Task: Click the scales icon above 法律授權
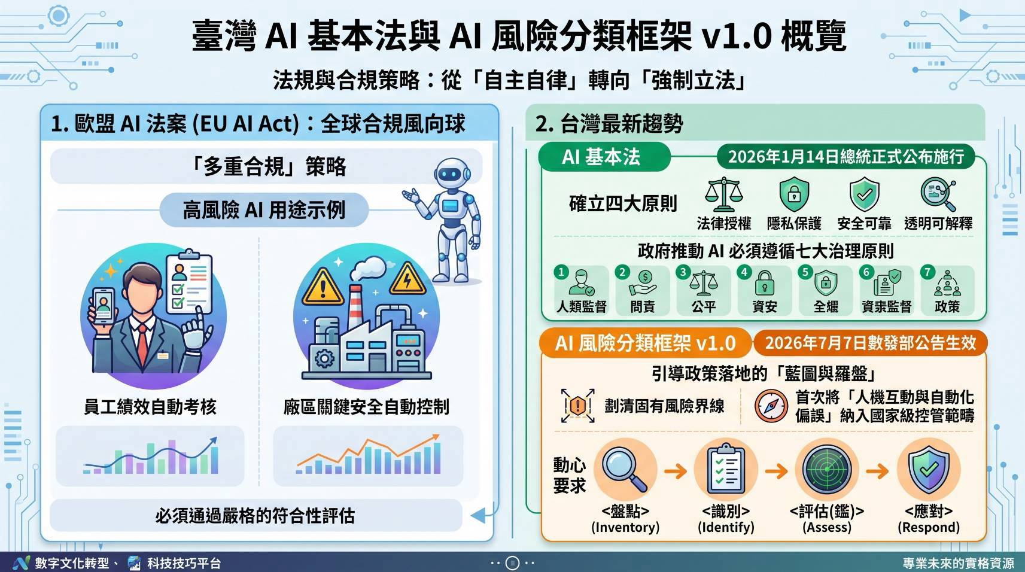pos(723,195)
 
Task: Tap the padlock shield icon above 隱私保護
pos(794,194)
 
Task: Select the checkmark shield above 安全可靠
pos(865,194)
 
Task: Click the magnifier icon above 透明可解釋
pos(938,194)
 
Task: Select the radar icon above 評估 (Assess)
pos(827,469)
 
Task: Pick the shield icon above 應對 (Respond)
pos(929,469)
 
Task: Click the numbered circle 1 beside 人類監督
pos(561,272)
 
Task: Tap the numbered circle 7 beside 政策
pos(927,272)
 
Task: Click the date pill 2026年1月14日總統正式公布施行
pos(845,157)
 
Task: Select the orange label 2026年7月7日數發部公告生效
pos(870,343)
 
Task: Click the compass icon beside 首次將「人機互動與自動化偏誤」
pos(771,406)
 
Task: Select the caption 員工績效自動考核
pos(150,407)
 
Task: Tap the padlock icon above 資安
pos(765,282)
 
